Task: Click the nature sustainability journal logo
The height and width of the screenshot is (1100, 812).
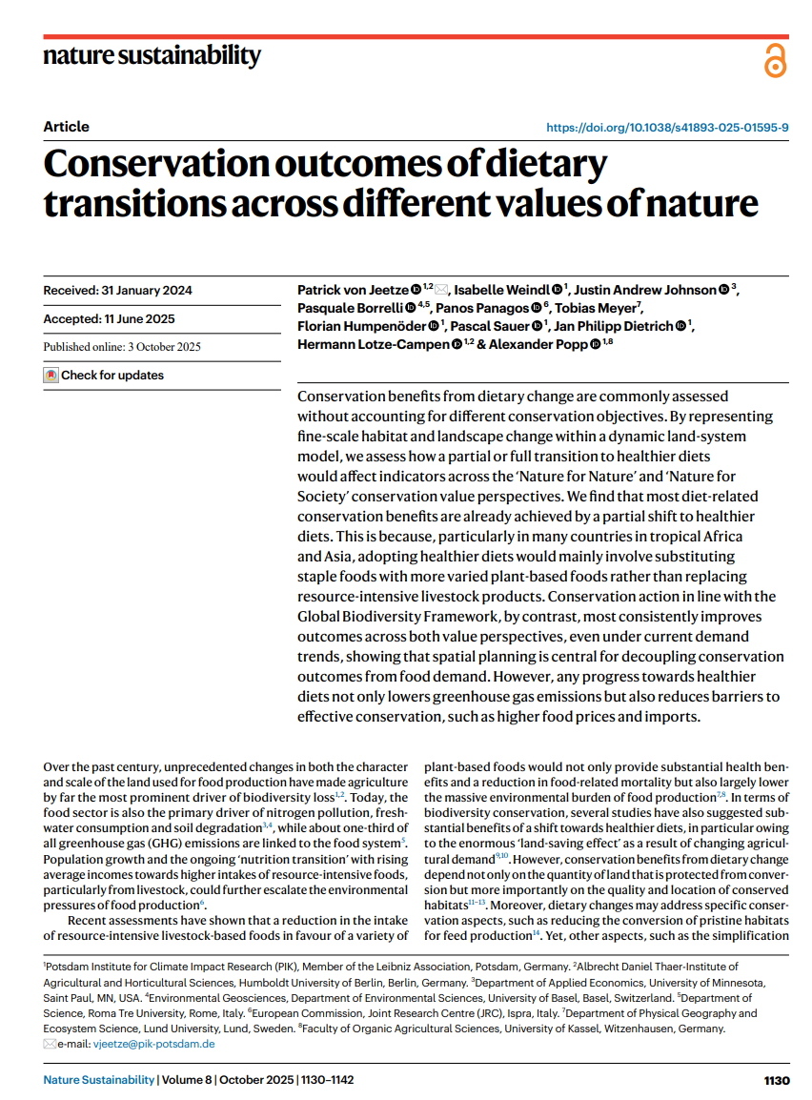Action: point(152,55)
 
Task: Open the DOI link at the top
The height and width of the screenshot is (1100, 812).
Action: point(666,127)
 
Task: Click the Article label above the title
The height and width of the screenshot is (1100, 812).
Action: point(66,127)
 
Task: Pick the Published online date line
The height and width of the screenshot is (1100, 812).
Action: point(122,347)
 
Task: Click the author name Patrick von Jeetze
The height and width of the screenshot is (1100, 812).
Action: point(353,290)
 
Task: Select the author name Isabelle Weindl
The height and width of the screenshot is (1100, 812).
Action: point(502,290)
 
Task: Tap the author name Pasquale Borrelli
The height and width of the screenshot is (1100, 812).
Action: point(350,308)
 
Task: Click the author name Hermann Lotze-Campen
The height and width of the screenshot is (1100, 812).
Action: point(372,344)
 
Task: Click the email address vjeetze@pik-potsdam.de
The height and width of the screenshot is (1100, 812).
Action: point(153,1044)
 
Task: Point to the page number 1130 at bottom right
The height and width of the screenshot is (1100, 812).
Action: point(777,1081)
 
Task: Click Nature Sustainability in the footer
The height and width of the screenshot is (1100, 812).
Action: point(99,1081)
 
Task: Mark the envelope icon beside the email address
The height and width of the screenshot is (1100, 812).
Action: point(50,1044)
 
